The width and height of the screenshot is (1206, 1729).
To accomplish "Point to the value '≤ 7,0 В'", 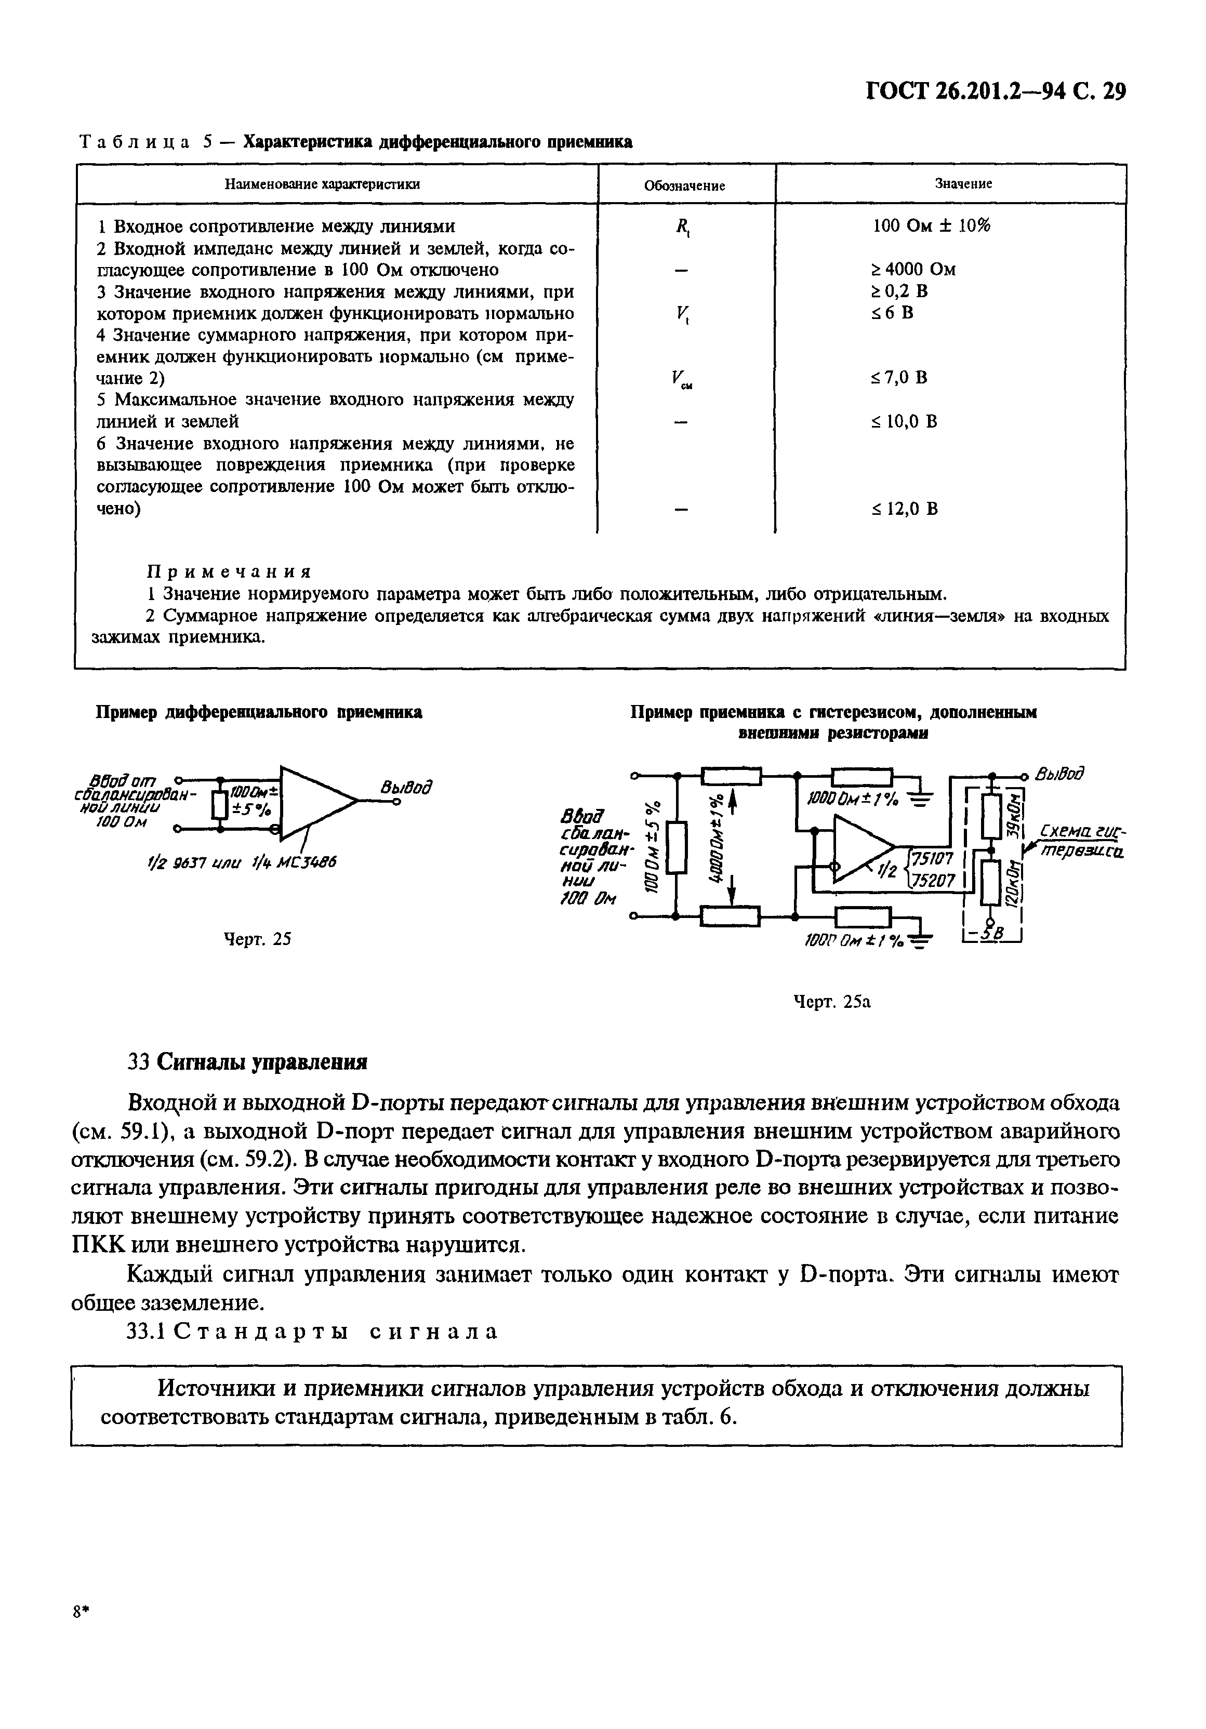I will pyautogui.click(x=899, y=377).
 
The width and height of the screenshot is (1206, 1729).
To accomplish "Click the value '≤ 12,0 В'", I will pyautogui.click(x=904, y=509).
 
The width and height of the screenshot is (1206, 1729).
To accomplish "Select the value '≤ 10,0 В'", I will pyautogui.click(x=904, y=421).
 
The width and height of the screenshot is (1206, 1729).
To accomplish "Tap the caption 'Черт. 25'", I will pyautogui.click(x=258, y=938).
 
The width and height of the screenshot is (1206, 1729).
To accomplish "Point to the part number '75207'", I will pyautogui.click(x=934, y=880).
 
